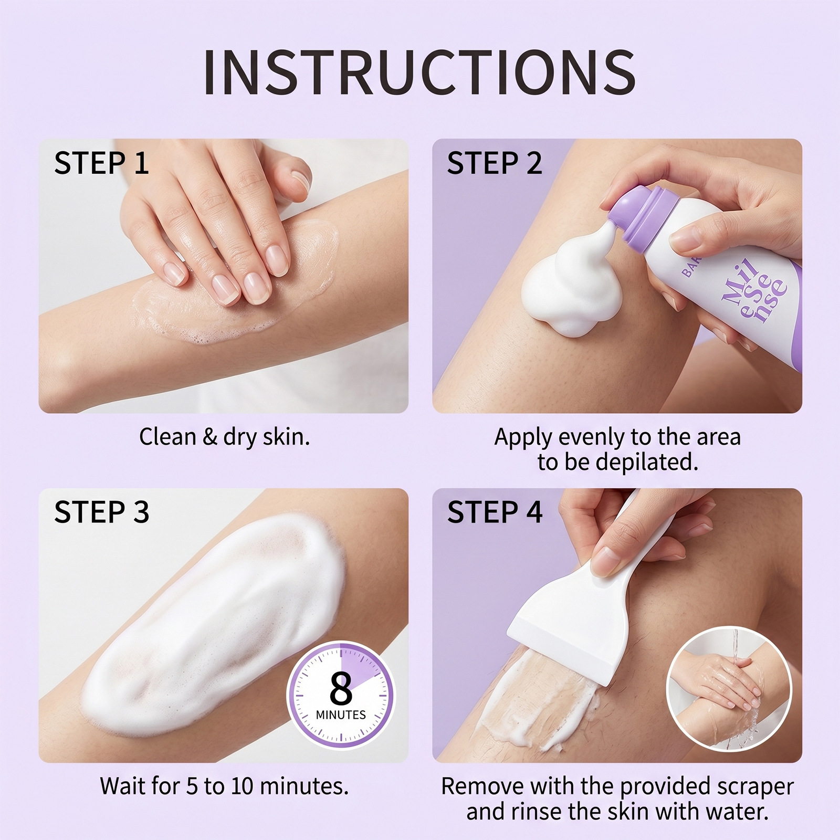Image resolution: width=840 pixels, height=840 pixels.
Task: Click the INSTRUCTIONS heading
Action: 419,72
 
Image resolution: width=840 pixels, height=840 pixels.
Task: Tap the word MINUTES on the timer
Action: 341,715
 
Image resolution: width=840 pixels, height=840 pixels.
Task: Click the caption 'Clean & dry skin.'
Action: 224,437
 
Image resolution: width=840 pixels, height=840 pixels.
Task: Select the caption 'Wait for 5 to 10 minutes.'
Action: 224,786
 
